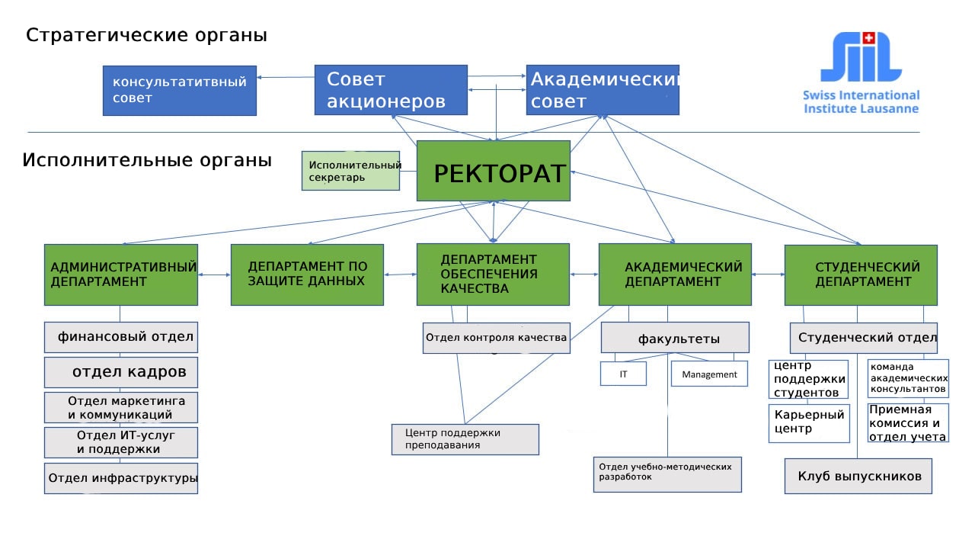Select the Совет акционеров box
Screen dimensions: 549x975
point(391,90)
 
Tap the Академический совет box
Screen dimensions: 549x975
point(602,90)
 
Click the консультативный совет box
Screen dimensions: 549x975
point(180,90)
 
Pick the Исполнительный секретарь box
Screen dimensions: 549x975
point(351,171)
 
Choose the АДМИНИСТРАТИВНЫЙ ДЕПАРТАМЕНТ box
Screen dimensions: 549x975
point(121,274)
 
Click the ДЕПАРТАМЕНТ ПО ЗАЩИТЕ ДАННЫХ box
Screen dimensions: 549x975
point(307,274)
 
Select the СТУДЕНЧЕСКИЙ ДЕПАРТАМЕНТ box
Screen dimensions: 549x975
point(861,274)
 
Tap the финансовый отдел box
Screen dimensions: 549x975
point(121,336)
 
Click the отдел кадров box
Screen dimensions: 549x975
point(121,372)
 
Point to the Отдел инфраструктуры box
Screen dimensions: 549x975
point(121,478)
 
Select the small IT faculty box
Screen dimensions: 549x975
point(623,374)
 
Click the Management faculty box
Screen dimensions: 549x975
point(709,374)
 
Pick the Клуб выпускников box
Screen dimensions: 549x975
point(858,476)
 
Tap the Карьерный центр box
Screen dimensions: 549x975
point(809,422)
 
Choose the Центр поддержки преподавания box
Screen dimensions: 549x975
point(465,439)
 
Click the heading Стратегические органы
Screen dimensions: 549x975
point(146,35)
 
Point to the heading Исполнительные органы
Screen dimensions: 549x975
point(147,161)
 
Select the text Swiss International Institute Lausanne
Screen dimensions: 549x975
point(861,101)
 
